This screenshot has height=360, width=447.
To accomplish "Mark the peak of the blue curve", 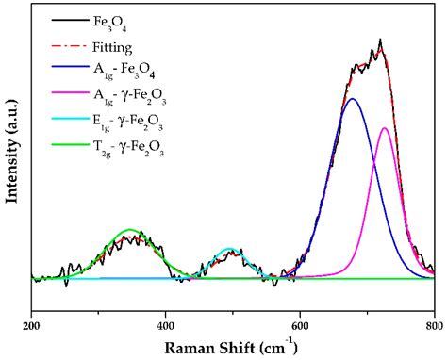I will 353,98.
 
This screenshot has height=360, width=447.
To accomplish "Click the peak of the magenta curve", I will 385,128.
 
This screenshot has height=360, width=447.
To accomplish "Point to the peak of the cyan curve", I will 229,249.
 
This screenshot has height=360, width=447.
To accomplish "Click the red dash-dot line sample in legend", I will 65,43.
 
